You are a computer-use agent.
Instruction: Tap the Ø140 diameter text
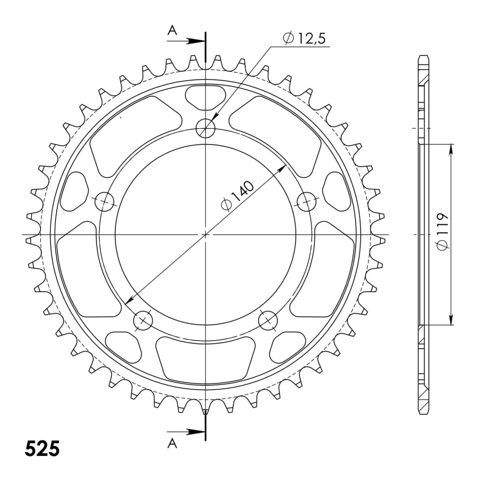(x=237, y=195)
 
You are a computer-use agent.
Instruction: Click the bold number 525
(x=43, y=448)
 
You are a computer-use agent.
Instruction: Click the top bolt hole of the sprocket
(x=206, y=128)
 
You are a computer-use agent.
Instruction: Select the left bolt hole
(x=104, y=202)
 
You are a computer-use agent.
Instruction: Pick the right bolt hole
(x=307, y=202)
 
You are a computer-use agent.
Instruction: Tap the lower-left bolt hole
(x=143, y=321)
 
